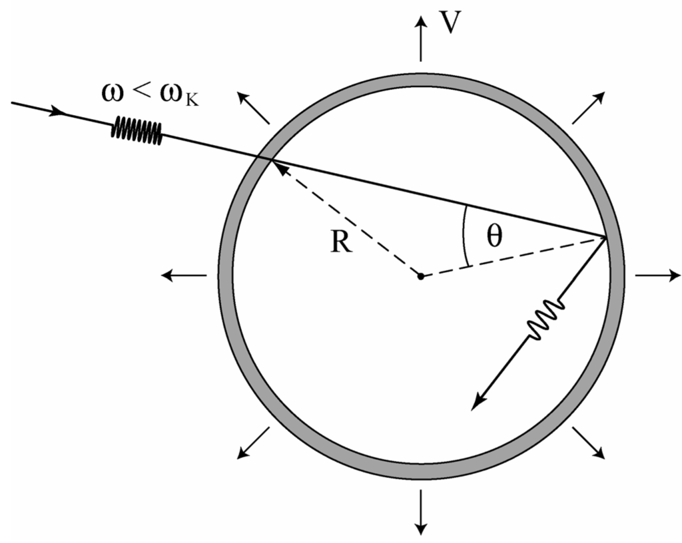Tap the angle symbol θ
point(493,238)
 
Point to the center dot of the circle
point(420,275)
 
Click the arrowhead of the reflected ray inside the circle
point(476,403)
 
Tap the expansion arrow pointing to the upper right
point(589,107)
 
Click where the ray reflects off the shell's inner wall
point(605,236)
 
